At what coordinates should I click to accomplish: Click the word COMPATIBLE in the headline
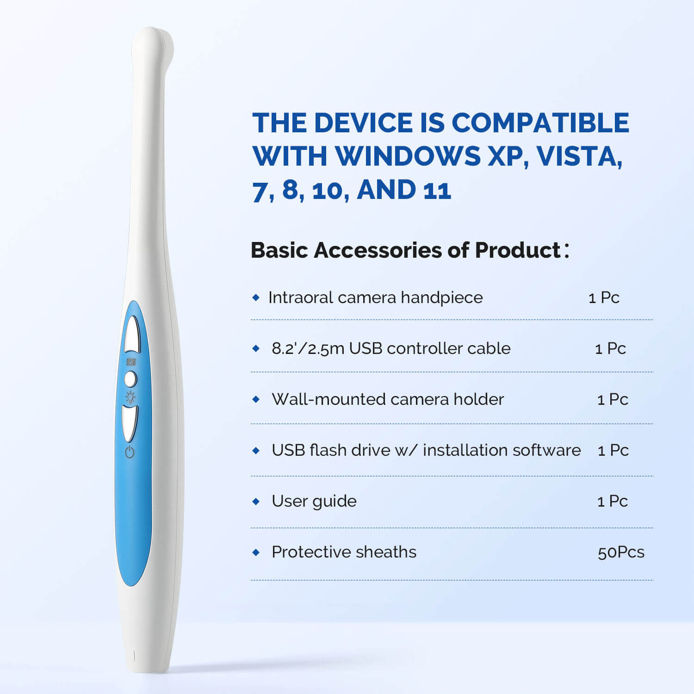pyautogui.click(x=540, y=123)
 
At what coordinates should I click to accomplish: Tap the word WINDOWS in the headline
pyautogui.click(x=408, y=156)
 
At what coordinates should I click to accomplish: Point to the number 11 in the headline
pyautogui.click(x=437, y=190)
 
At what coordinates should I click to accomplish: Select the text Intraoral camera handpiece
pyautogui.click(x=375, y=297)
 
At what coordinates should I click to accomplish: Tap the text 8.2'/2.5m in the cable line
pyautogui.click(x=308, y=348)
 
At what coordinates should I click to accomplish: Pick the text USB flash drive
pyautogui.click(x=331, y=450)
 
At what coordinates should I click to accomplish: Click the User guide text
pyautogui.click(x=314, y=501)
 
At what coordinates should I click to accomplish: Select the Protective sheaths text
pyautogui.click(x=344, y=552)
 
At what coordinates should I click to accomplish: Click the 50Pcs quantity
pyautogui.click(x=621, y=552)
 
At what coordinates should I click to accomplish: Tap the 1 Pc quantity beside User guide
pyautogui.click(x=613, y=501)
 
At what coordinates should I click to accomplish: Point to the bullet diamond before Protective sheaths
pyautogui.click(x=256, y=552)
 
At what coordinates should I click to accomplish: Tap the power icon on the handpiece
pyautogui.click(x=130, y=452)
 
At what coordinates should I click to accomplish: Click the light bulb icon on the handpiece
pyautogui.click(x=131, y=397)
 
